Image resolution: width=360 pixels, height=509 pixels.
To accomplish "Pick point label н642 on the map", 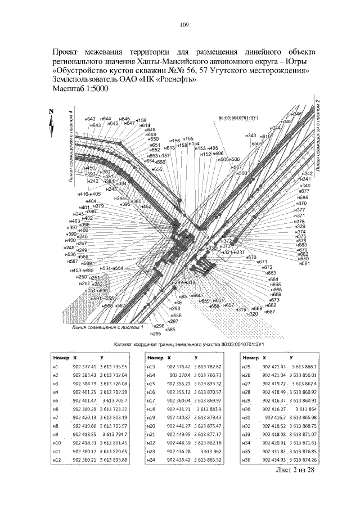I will (89, 119).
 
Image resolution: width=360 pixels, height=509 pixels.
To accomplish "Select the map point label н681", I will (304, 263).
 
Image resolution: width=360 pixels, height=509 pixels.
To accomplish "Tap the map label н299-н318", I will (183, 282).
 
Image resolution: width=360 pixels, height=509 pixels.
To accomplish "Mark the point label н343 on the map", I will (250, 136).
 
